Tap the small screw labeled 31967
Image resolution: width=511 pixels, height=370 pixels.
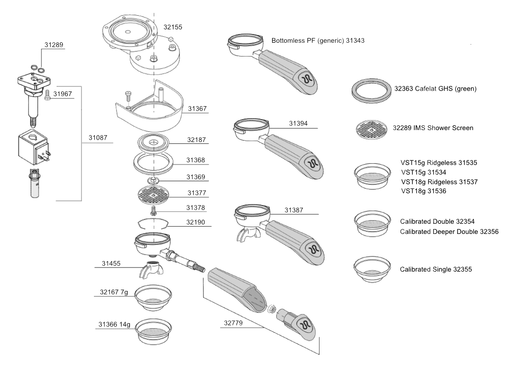[x=47, y=95]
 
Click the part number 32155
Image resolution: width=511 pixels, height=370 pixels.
[x=173, y=27]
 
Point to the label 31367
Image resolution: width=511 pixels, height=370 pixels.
[x=197, y=109]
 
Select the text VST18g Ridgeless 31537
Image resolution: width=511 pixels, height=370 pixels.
[x=439, y=182]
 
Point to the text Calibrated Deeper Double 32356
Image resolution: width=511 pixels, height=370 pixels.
[x=449, y=232]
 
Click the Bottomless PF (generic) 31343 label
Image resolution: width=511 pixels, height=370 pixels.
[x=318, y=40]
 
